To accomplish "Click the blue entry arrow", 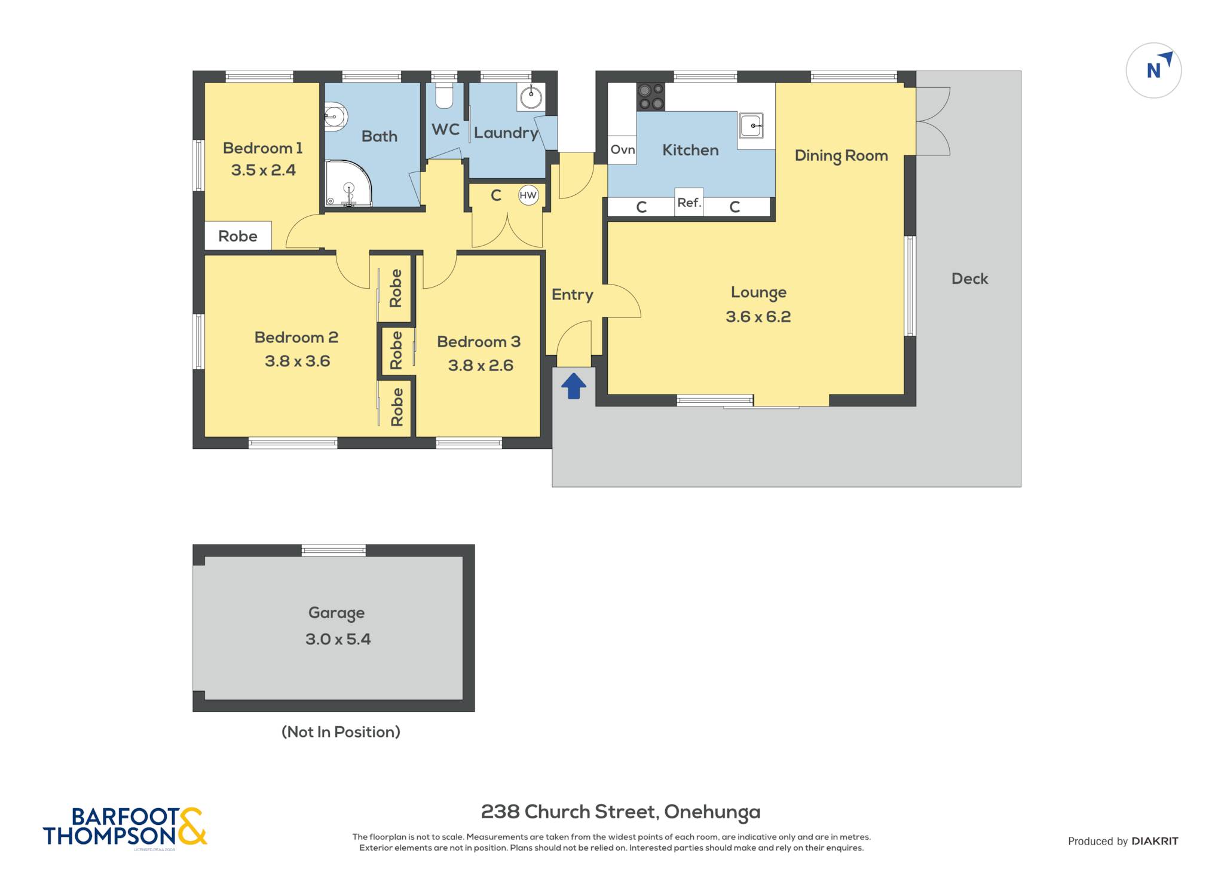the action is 574,386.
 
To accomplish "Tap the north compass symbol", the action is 1153,71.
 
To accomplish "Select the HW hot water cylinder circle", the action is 528,195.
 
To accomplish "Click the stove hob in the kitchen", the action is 651,97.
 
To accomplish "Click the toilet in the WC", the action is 444,96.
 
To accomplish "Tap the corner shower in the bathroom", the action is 348,183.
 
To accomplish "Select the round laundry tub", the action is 531,97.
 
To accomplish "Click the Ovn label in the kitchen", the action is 623,149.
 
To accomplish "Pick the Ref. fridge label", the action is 689,203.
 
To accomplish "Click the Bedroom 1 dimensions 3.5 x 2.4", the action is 264,170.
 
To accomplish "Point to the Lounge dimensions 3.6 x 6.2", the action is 758,317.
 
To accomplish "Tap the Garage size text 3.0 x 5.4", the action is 338,639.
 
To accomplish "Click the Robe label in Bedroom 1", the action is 238,236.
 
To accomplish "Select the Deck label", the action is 969,279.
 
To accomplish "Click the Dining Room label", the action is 841,156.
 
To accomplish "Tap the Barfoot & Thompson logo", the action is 125,828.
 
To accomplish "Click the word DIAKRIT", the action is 1155,841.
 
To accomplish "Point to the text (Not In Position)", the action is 341,732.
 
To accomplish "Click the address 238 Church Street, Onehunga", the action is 621,812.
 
